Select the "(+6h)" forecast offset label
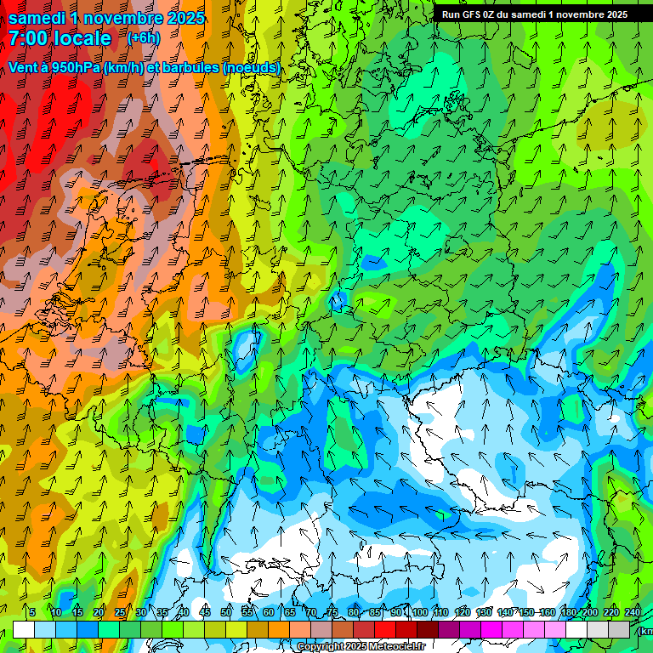tap(143, 38)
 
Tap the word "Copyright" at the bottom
tap(321, 647)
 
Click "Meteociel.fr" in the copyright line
tap(396, 647)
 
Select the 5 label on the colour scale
tap(32, 612)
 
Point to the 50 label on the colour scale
tap(226, 612)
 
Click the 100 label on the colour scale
tap(419, 612)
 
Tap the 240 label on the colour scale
tap(633, 612)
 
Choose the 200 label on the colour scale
tap(589, 612)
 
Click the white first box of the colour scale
tap(24, 629)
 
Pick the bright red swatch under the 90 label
tap(385, 629)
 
